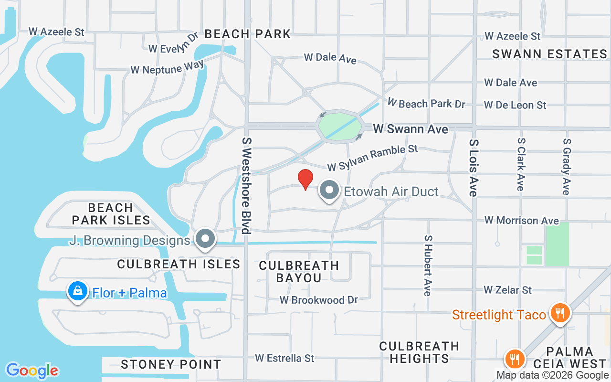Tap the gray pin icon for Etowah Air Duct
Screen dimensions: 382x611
[x=329, y=191]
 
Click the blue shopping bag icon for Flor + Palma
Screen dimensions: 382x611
[x=77, y=291]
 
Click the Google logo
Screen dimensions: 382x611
[x=32, y=371]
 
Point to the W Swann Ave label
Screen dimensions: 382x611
[x=411, y=129]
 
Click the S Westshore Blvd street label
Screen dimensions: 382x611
[x=246, y=186]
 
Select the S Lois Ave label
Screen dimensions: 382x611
[x=473, y=168]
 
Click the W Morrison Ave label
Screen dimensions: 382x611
[x=521, y=220]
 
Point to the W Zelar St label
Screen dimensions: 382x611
[x=507, y=290]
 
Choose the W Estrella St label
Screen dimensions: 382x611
[x=284, y=358]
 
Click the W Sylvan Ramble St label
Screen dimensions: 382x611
[x=372, y=158]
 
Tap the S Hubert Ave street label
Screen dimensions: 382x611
[x=428, y=265]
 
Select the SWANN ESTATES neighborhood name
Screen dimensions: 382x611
[x=549, y=54]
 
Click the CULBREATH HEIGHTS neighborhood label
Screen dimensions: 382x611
[x=419, y=352]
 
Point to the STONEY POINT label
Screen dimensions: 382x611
[x=171, y=364]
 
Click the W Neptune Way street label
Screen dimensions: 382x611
[x=167, y=67]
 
